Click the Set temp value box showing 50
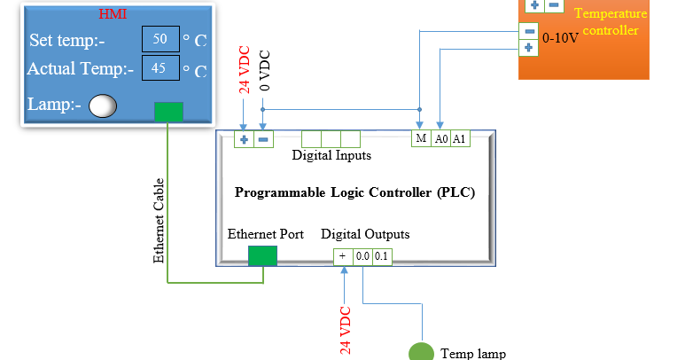160,40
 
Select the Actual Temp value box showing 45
160,68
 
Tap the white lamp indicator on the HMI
104,106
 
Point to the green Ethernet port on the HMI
168,112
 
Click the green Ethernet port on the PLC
262,255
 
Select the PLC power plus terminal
244,139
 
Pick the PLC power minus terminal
262,139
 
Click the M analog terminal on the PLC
422,139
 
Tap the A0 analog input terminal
440,139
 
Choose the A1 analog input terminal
459,139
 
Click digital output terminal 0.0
362,256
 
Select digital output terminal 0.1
381,256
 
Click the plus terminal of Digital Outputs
343,256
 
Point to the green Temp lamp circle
421,352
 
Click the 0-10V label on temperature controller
560,39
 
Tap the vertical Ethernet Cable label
160,221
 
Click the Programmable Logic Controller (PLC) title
354,192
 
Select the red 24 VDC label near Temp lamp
346,330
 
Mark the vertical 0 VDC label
264,71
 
